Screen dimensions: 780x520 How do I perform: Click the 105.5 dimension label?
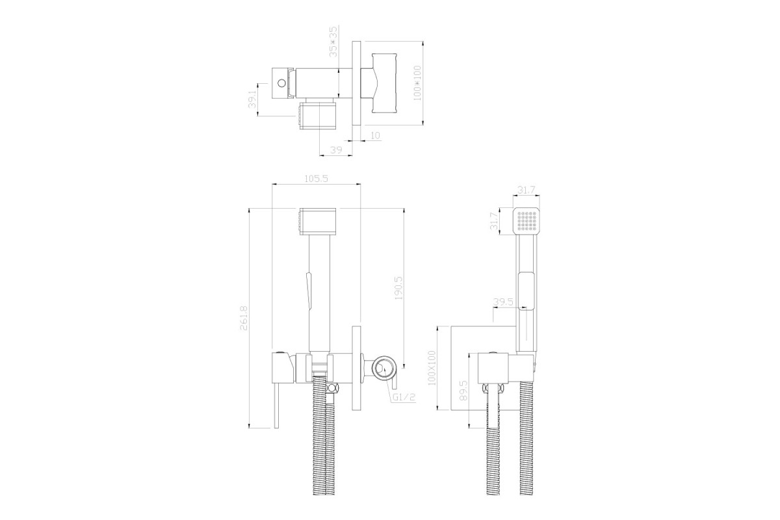coord(316,179)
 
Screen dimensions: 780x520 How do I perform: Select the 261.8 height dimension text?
coord(244,318)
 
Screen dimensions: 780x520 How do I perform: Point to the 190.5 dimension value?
coord(398,289)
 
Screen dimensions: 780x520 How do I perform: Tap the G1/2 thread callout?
coord(404,397)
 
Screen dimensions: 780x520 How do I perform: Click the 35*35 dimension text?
coord(333,41)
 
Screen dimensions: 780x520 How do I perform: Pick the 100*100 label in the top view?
coord(417,83)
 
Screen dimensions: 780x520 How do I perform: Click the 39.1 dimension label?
coord(252,99)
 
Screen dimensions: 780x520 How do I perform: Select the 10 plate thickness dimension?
coord(375,135)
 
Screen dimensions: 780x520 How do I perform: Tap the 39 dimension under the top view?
coord(336,150)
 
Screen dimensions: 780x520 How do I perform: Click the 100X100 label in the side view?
coord(432,368)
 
